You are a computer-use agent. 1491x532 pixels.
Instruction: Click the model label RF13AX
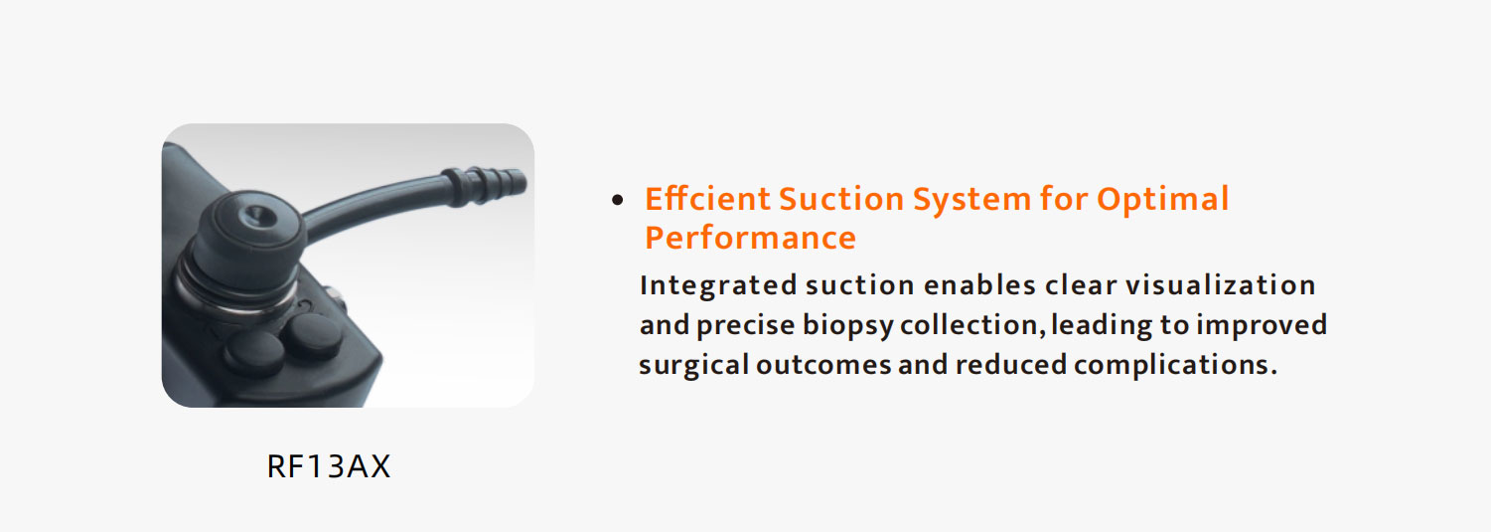point(328,466)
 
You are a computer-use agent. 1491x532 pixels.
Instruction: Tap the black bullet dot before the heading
point(618,199)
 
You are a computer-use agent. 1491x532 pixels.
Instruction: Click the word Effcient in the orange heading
point(707,198)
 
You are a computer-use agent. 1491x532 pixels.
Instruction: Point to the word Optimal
point(1163,198)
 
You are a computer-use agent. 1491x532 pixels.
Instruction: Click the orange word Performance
point(750,238)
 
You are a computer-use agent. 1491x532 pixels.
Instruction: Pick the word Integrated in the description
point(718,285)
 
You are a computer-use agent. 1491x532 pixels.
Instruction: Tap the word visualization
point(1221,284)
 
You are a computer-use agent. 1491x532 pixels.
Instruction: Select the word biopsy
point(846,325)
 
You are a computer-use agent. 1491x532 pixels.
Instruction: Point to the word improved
point(1262,325)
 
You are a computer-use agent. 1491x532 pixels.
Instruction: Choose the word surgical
point(693,365)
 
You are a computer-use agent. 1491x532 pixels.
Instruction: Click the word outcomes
point(823,365)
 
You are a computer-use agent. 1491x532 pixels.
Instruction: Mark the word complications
point(1175,365)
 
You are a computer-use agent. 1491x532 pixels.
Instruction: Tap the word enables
point(979,285)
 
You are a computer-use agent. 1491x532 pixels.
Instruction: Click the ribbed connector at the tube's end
point(485,185)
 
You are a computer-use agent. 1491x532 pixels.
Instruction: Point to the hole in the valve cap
point(254,215)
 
